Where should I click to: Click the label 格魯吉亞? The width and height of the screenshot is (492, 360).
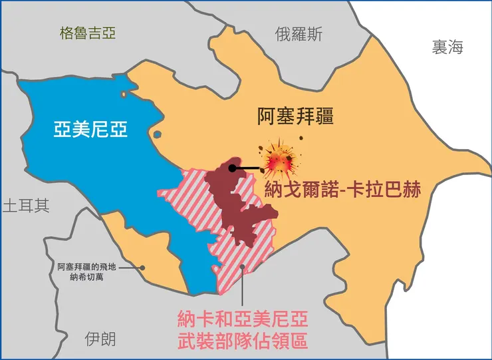[x=87, y=33]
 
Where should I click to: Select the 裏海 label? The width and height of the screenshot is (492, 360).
[x=447, y=47]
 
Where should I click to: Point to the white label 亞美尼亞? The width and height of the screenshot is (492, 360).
[x=90, y=128]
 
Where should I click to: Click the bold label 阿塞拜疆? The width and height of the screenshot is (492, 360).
[x=295, y=117]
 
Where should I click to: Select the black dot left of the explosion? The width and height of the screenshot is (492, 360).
[x=231, y=168]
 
